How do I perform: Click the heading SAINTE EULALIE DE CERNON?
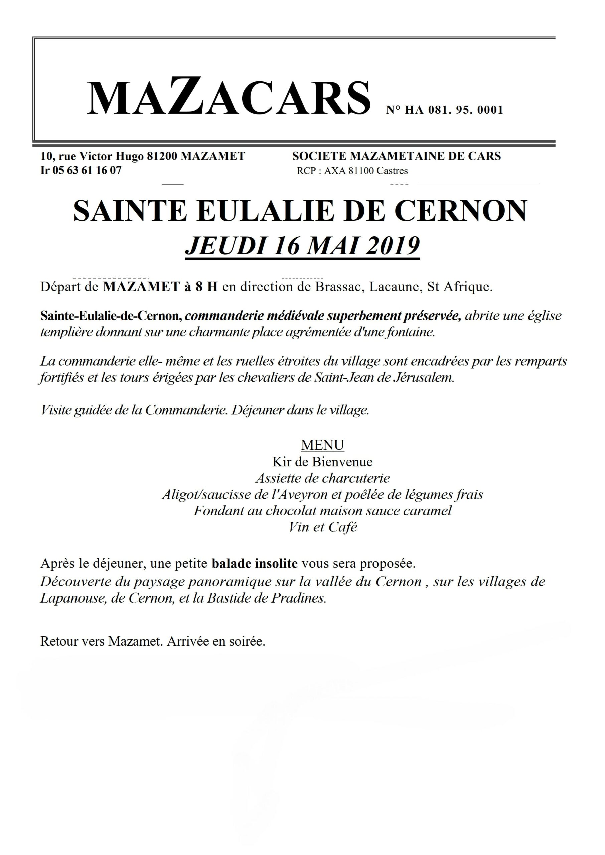click(x=300, y=211)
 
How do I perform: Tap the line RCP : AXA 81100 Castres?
click(x=352, y=171)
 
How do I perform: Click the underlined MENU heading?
click(x=322, y=445)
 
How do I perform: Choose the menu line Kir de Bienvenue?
click(x=322, y=462)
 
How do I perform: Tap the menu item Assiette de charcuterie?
click(x=322, y=478)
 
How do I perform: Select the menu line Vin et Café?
click(x=323, y=527)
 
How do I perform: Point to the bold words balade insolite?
click(x=255, y=564)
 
